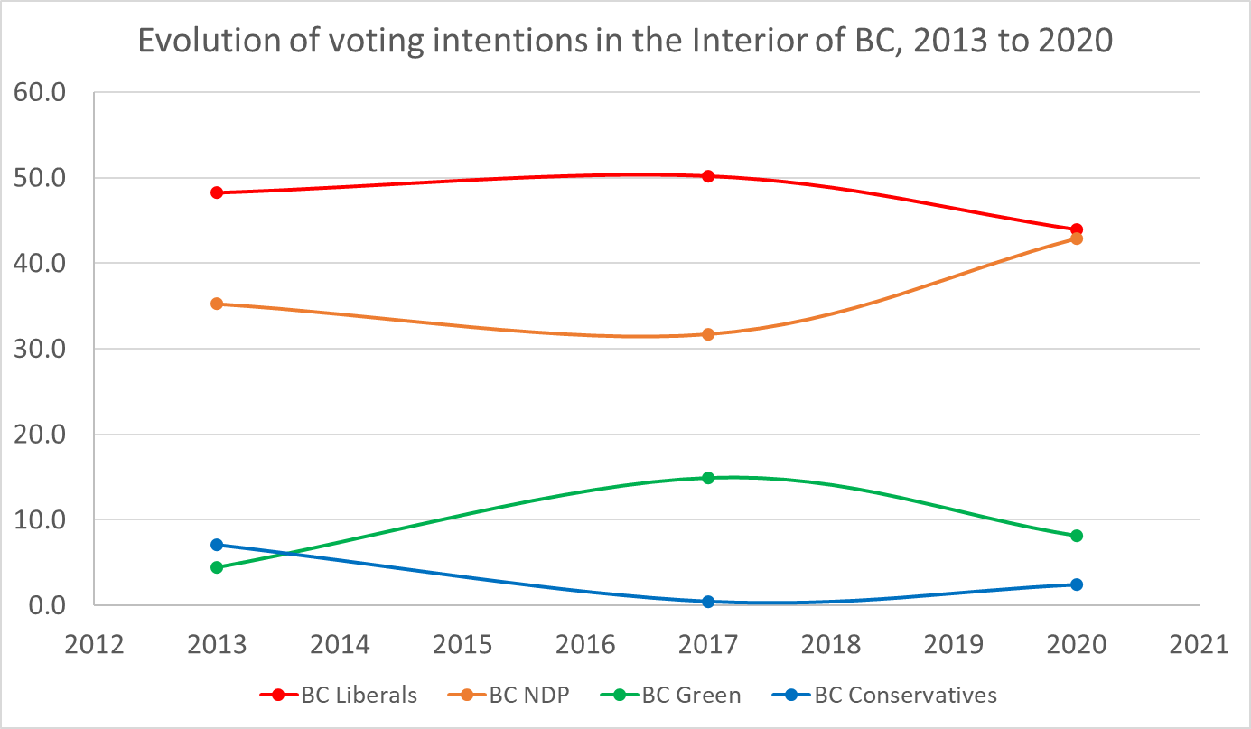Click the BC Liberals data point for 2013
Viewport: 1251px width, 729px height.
217,192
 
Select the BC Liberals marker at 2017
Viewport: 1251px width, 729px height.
708,176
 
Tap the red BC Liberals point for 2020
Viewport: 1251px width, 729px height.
1076,230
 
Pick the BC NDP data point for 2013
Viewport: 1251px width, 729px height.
217,304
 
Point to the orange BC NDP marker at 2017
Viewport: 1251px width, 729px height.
708,334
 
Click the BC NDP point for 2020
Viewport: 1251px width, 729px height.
1076,238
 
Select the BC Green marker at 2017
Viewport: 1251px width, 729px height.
708,478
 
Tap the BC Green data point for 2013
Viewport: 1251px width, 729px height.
217,567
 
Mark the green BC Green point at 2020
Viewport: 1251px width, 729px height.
1076,536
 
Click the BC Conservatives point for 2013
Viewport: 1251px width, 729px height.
217,545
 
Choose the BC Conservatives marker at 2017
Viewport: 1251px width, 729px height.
708,602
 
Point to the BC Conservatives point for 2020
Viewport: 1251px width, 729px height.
1076,584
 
